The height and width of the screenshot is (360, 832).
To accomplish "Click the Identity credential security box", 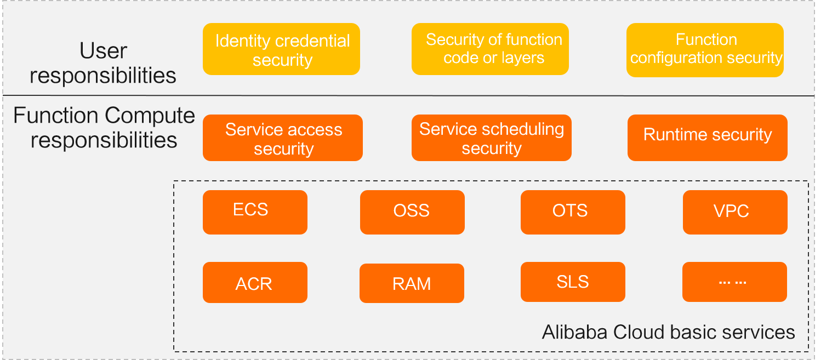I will click(281, 49).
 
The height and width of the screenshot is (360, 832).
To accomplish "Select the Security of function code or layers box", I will click(490, 49).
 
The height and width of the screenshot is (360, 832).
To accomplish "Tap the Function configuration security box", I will click(705, 49).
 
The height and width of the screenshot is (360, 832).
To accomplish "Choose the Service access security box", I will click(283, 138).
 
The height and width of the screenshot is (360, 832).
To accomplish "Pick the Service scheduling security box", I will click(491, 138).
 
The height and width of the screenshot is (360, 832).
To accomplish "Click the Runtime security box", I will click(707, 138).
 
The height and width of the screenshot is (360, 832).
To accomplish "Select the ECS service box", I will click(255, 212).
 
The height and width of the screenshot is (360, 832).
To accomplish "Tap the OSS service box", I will click(412, 212).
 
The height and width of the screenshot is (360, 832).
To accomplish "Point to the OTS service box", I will click(573, 212).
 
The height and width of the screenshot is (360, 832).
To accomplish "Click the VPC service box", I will click(735, 212).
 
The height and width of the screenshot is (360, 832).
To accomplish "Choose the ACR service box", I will click(255, 282).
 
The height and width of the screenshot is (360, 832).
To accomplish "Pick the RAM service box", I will click(412, 283).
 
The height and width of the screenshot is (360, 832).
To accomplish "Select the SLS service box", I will click(573, 282).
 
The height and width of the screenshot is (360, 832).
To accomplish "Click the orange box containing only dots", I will click(734, 282).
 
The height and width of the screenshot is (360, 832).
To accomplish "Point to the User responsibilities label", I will click(103, 63).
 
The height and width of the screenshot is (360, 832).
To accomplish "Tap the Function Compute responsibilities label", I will click(104, 128).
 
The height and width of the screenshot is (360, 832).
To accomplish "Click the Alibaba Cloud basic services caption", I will click(668, 332).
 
